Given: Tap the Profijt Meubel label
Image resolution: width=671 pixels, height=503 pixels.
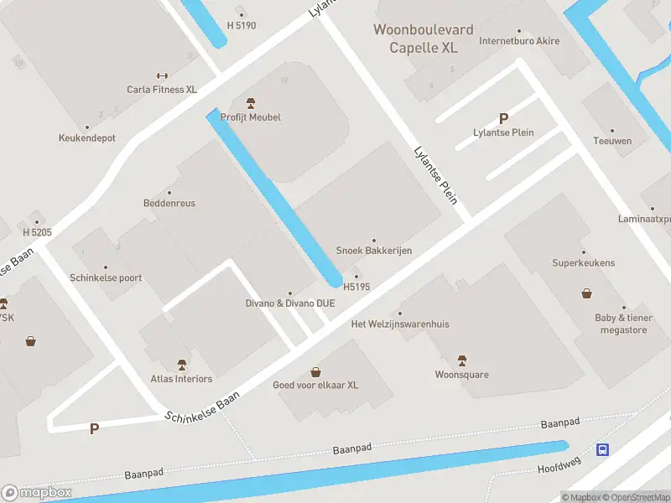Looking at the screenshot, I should point(250,117).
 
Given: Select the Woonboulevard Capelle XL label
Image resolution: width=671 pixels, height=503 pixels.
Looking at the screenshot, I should point(424,39).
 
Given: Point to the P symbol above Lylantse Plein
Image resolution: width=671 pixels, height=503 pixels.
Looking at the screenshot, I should point(503,119).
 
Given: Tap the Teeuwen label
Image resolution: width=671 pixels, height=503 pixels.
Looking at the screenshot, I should point(612,141).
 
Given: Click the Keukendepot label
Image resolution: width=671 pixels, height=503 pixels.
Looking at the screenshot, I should point(87,137).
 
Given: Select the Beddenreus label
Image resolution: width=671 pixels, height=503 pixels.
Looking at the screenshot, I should point(169,204).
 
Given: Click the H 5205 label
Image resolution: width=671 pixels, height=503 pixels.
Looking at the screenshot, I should point(37,232).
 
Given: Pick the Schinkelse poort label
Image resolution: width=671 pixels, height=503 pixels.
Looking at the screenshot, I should point(106,277).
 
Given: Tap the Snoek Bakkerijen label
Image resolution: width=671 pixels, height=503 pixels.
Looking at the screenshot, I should point(374,251).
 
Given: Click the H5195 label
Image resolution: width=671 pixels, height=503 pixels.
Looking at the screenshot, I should point(356,287).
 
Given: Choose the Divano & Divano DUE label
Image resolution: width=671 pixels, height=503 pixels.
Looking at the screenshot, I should point(290,303).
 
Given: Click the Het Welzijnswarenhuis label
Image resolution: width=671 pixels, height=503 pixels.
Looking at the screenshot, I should point(400,324).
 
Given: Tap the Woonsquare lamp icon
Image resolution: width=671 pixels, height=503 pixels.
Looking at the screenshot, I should point(461,360).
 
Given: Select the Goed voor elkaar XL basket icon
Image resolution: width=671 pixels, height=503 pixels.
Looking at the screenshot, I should point(315,371).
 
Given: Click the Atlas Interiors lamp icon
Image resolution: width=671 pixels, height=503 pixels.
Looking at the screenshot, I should point(182,365).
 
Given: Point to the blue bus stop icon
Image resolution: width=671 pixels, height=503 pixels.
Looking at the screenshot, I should point(602,450).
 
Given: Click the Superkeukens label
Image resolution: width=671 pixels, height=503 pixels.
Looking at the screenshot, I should point(583,262).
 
